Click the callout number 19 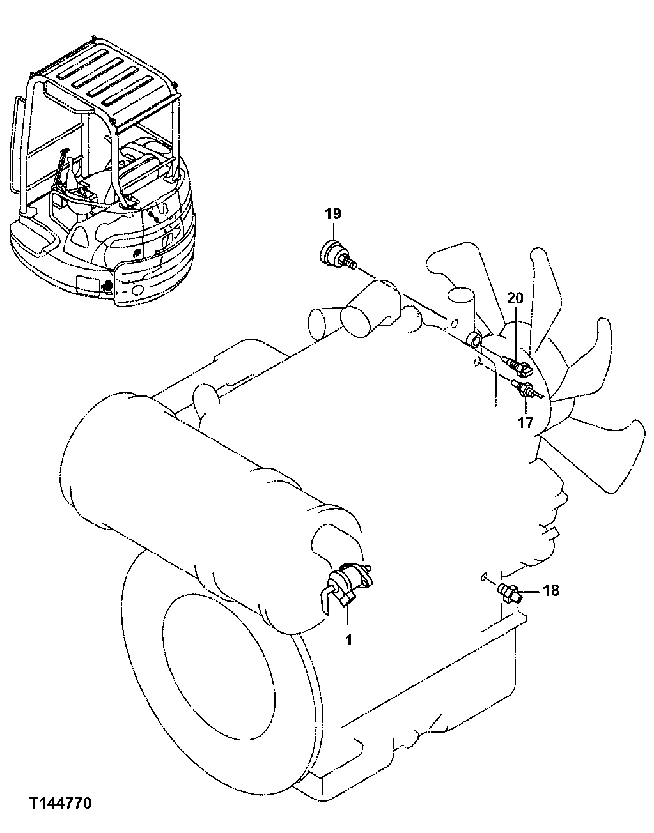tap(332, 214)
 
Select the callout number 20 tap(515, 298)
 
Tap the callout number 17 tap(525, 423)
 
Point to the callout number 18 tap(550, 590)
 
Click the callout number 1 tap(349, 639)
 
